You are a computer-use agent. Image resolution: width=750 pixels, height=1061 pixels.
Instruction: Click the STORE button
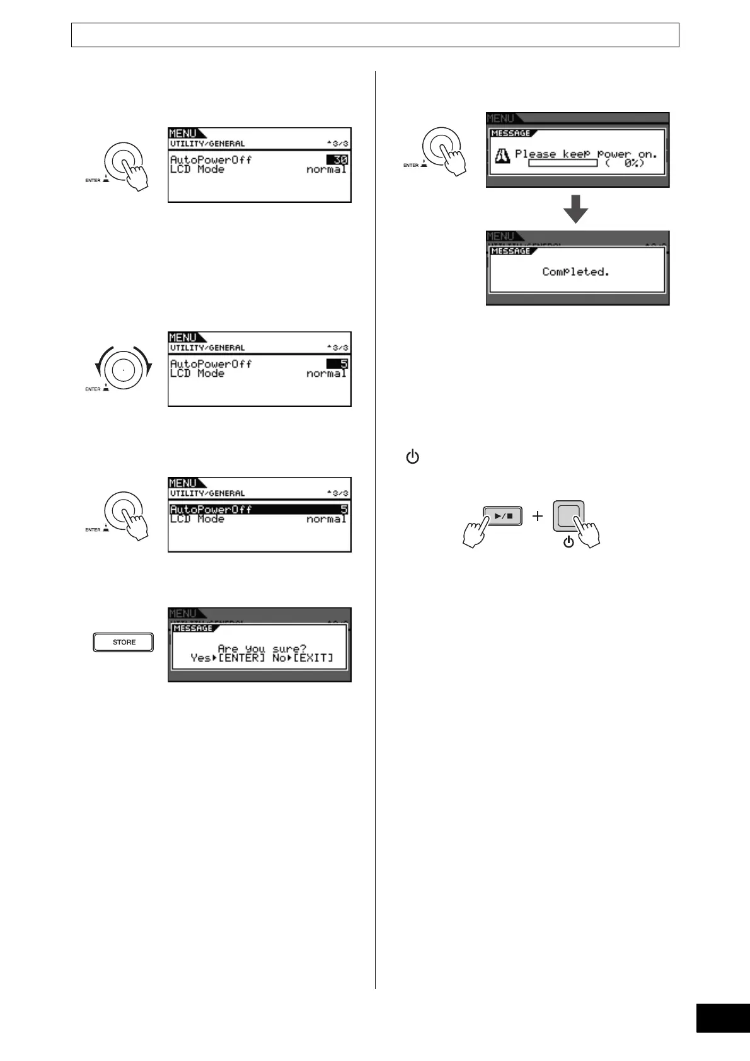click(x=124, y=642)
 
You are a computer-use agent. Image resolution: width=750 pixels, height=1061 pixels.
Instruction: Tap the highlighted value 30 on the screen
click(x=338, y=160)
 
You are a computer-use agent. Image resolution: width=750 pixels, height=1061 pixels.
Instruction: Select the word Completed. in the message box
click(x=575, y=272)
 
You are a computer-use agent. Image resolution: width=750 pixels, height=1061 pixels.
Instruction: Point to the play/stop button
click(x=502, y=515)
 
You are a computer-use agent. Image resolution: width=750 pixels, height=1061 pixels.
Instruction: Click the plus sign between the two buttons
click(x=538, y=516)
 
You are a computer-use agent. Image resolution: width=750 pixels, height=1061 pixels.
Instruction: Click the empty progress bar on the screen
click(x=562, y=163)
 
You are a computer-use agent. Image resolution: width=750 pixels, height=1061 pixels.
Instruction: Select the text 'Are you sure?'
click(x=262, y=648)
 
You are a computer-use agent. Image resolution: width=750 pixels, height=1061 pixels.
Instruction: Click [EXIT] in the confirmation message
click(x=313, y=658)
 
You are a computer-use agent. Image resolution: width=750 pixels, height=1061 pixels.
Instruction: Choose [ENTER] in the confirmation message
click(x=241, y=658)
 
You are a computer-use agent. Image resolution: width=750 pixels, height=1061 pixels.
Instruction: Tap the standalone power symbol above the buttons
click(x=412, y=457)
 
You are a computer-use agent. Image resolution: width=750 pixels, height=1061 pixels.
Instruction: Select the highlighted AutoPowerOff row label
click(x=211, y=509)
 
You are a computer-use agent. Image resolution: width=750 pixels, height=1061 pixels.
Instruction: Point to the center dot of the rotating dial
click(x=123, y=369)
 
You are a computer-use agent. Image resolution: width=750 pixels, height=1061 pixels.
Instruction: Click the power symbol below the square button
click(x=568, y=541)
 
